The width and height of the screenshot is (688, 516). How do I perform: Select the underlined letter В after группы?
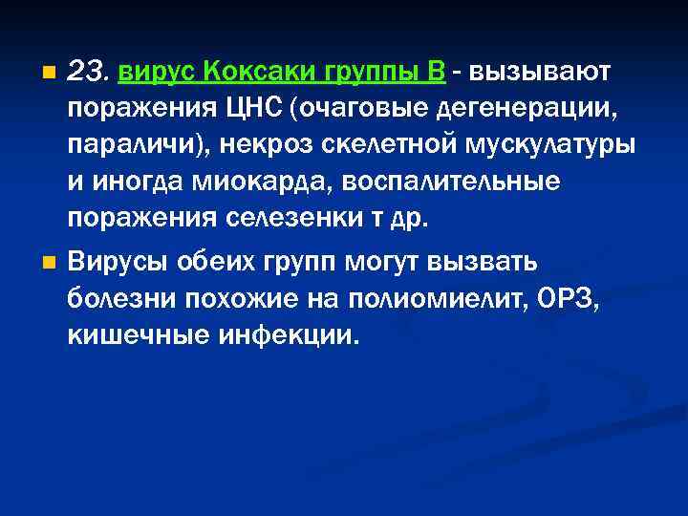tap(436, 72)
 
